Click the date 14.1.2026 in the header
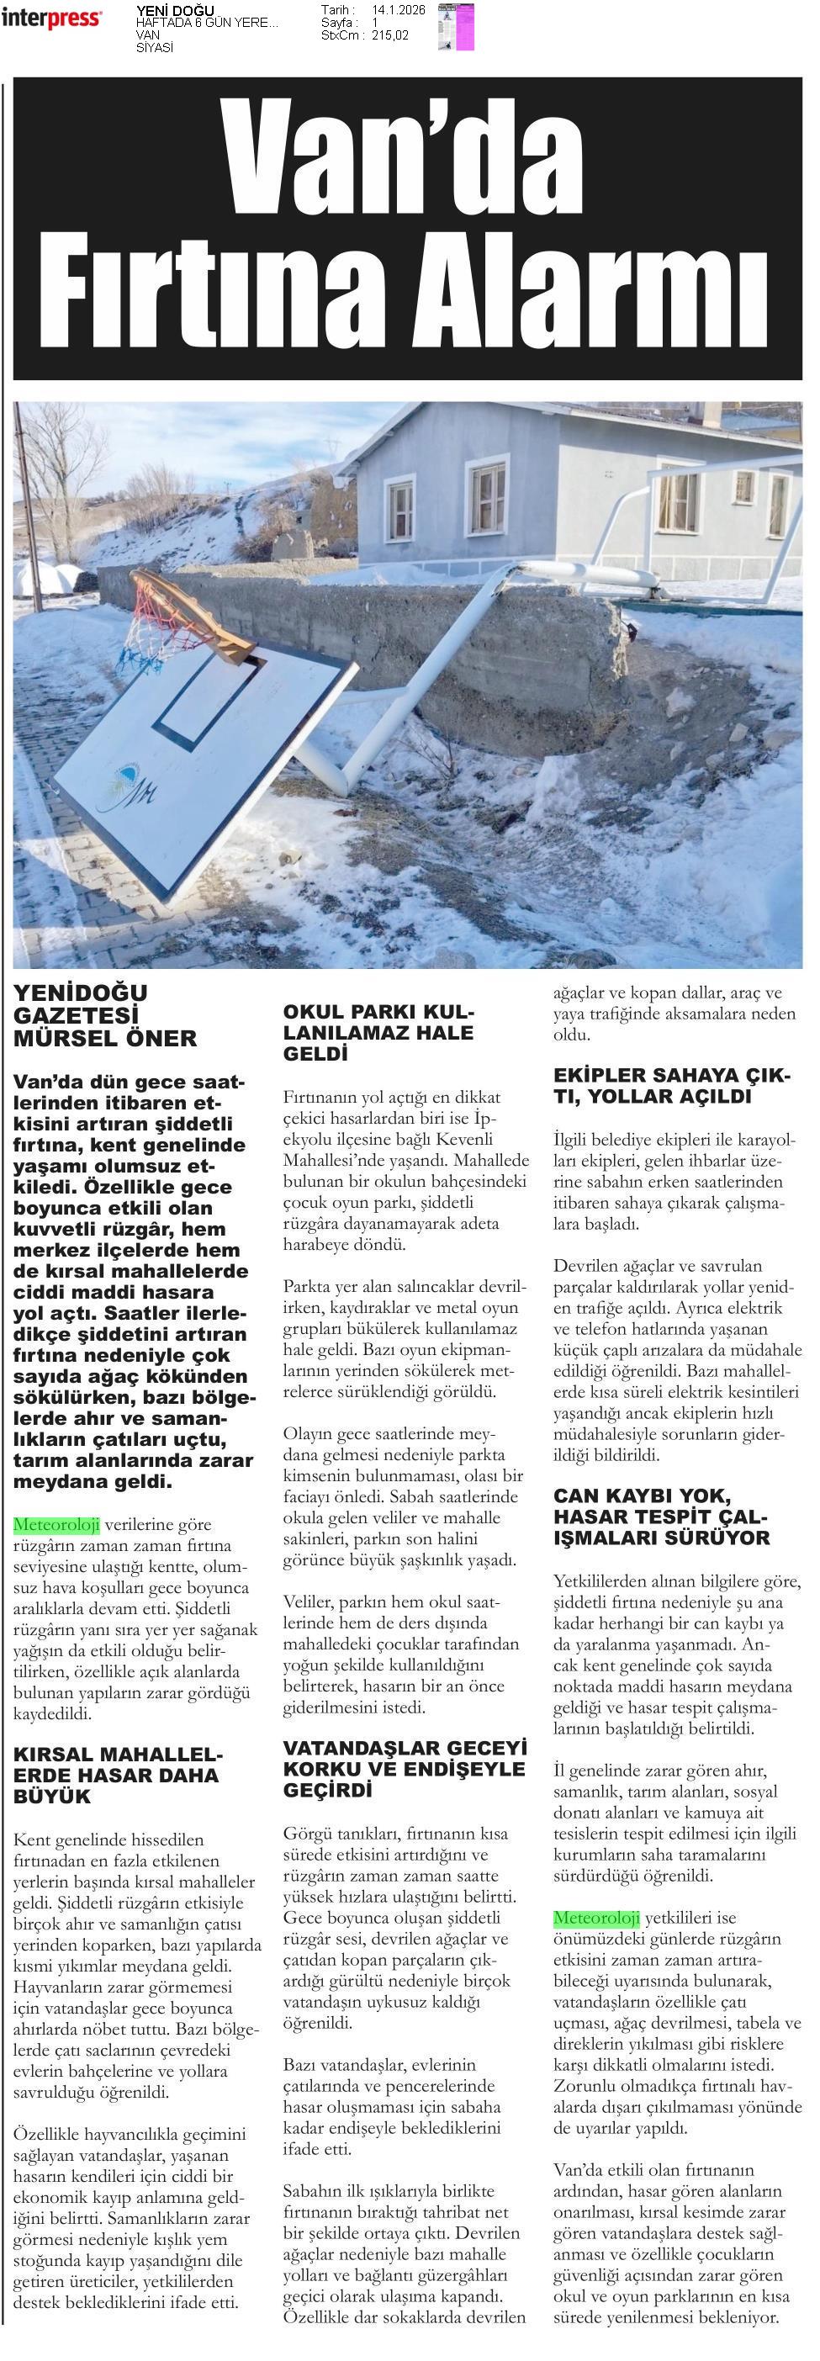pyautogui.click(x=399, y=10)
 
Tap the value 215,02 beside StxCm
pyautogui.click(x=390, y=34)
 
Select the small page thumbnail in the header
pyautogui.click(x=455, y=26)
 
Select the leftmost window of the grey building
pyautogui.click(x=400, y=508)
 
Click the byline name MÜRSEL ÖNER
pyautogui.click(x=104, y=1039)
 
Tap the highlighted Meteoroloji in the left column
pyautogui.click(x=56, y=1525)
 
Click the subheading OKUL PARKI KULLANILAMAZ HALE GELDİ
pyautogui.click(x=378, y=1032)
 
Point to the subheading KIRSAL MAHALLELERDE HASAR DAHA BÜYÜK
pyautogui.click(x=117, y=1776)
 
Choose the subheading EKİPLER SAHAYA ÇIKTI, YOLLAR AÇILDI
pyautogui.click(x=670, y=1085)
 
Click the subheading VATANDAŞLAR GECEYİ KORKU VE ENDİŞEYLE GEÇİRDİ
pyautogui.click(x=404, y=1769)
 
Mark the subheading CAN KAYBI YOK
pyautogui.click(x=642, y=1496)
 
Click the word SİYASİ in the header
pyautogui.click(x=154, y=48)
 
